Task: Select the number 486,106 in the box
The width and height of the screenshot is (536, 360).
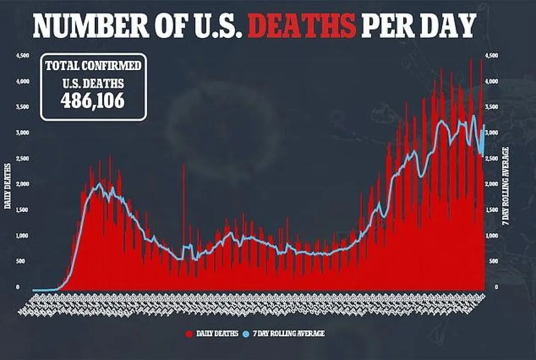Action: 92,100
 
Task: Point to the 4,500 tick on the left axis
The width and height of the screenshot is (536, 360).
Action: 22,56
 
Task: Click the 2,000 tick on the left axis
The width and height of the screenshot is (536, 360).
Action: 22,184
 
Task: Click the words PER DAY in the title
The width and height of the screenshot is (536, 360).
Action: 418,26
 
